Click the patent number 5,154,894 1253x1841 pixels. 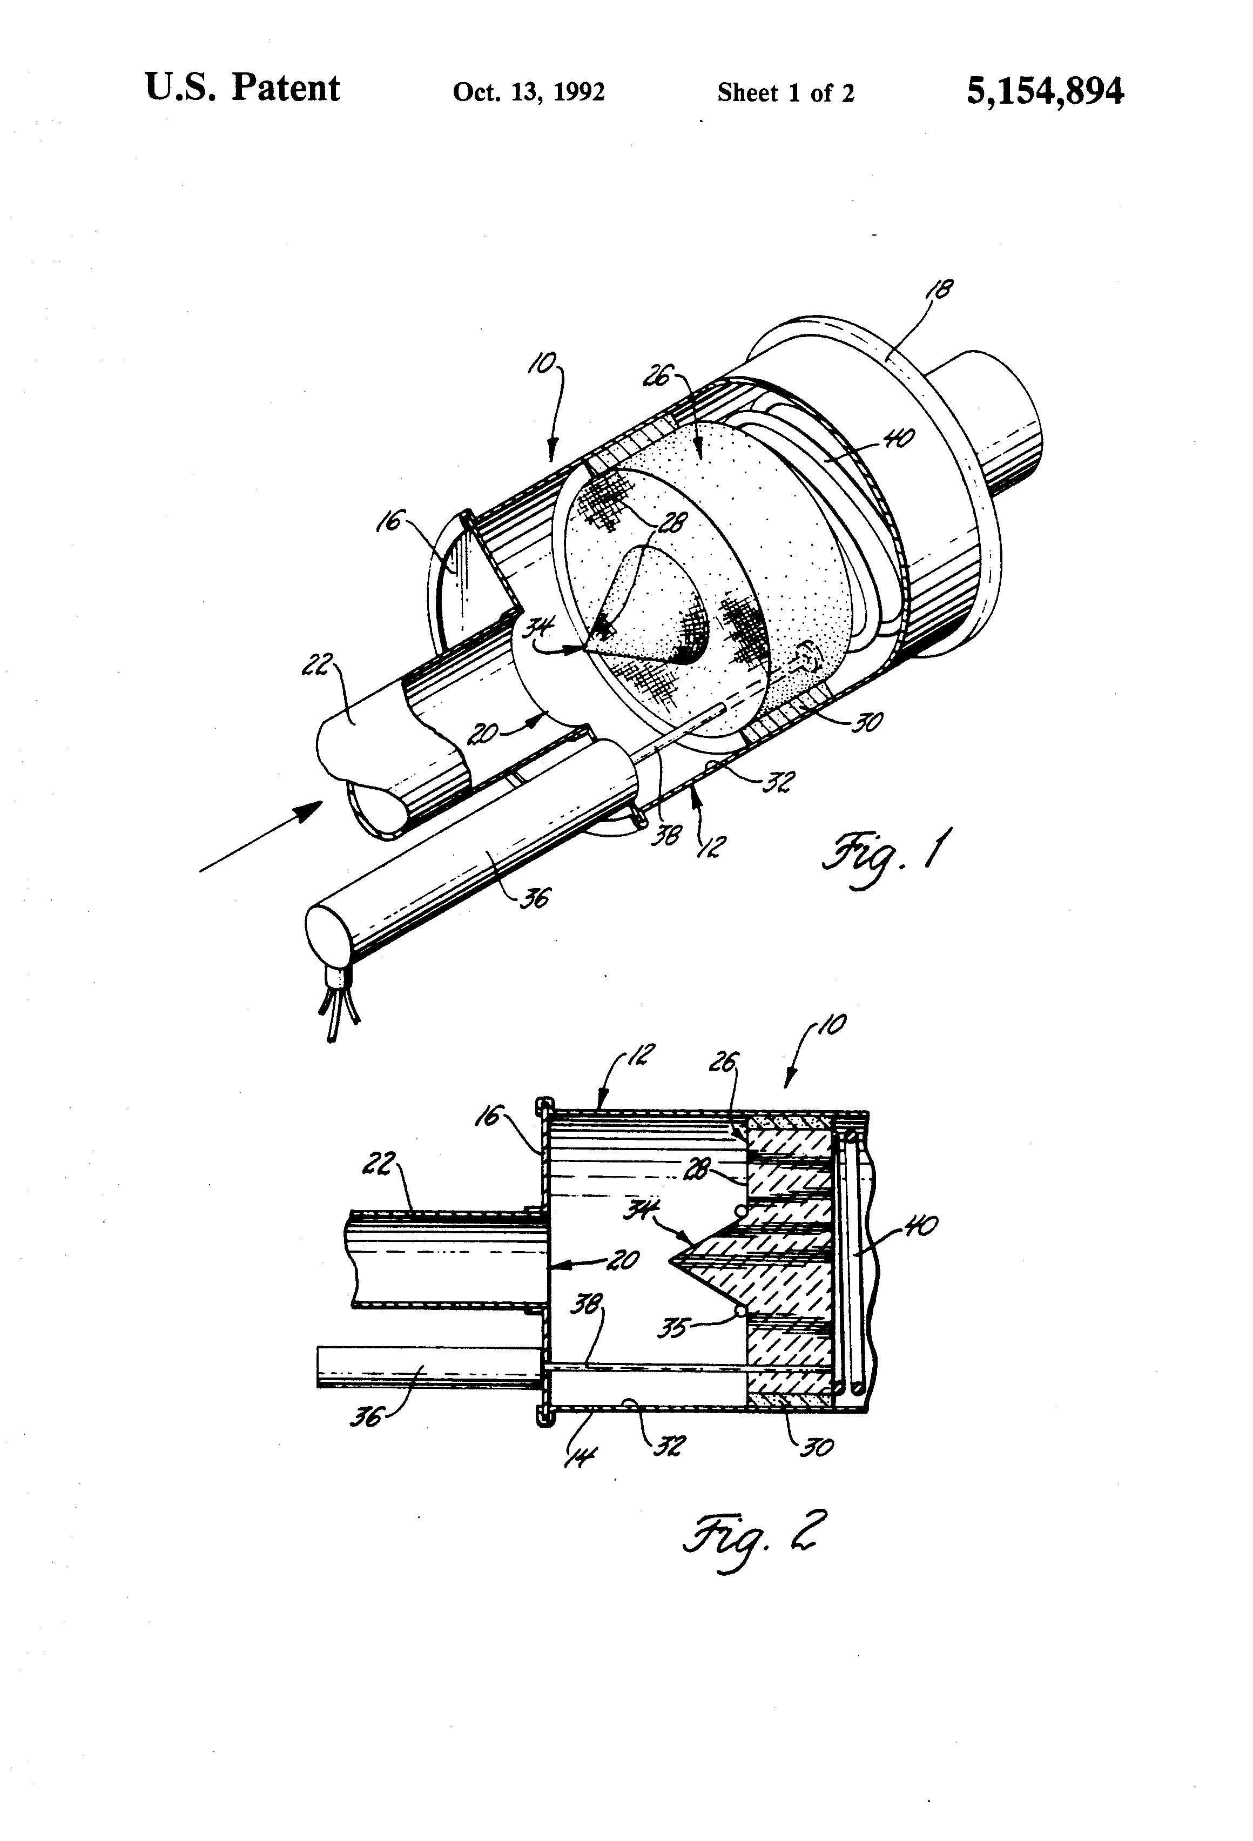pyautogui.click(x=1044, y=92)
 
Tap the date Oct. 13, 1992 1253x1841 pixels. pyautogui.click(x=528, y=93)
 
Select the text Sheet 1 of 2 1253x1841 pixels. pyautogui.click(x=786, y=93)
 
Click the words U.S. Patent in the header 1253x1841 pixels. pyautogui.click(x=242, y=89)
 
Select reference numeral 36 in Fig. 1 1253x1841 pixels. pyautogui.click(x=535, y=898)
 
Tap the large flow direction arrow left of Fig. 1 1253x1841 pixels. pyautogui.click(x=261, y=836)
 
